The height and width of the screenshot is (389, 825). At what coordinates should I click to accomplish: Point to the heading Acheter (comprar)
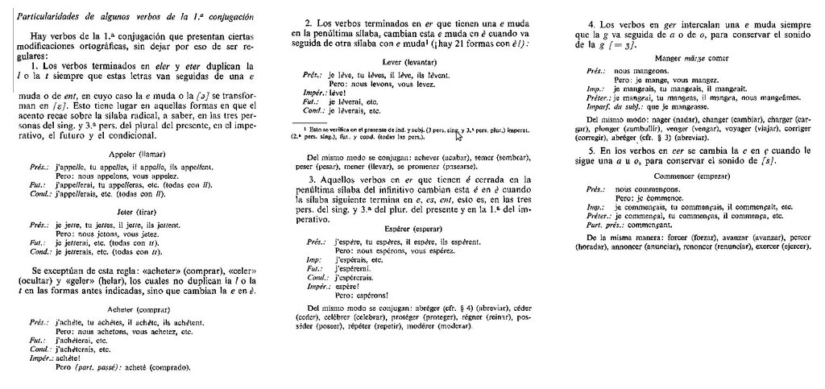tap(137, 308)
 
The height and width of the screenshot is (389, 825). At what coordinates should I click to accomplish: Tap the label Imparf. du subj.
tap(617, 106)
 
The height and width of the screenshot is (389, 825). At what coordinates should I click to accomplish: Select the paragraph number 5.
tap(593, 151)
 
